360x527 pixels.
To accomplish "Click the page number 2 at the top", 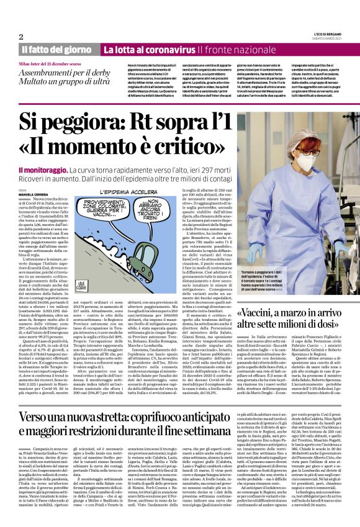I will [21, 37].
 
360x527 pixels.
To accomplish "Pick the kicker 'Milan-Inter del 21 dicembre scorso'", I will [50, 64].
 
